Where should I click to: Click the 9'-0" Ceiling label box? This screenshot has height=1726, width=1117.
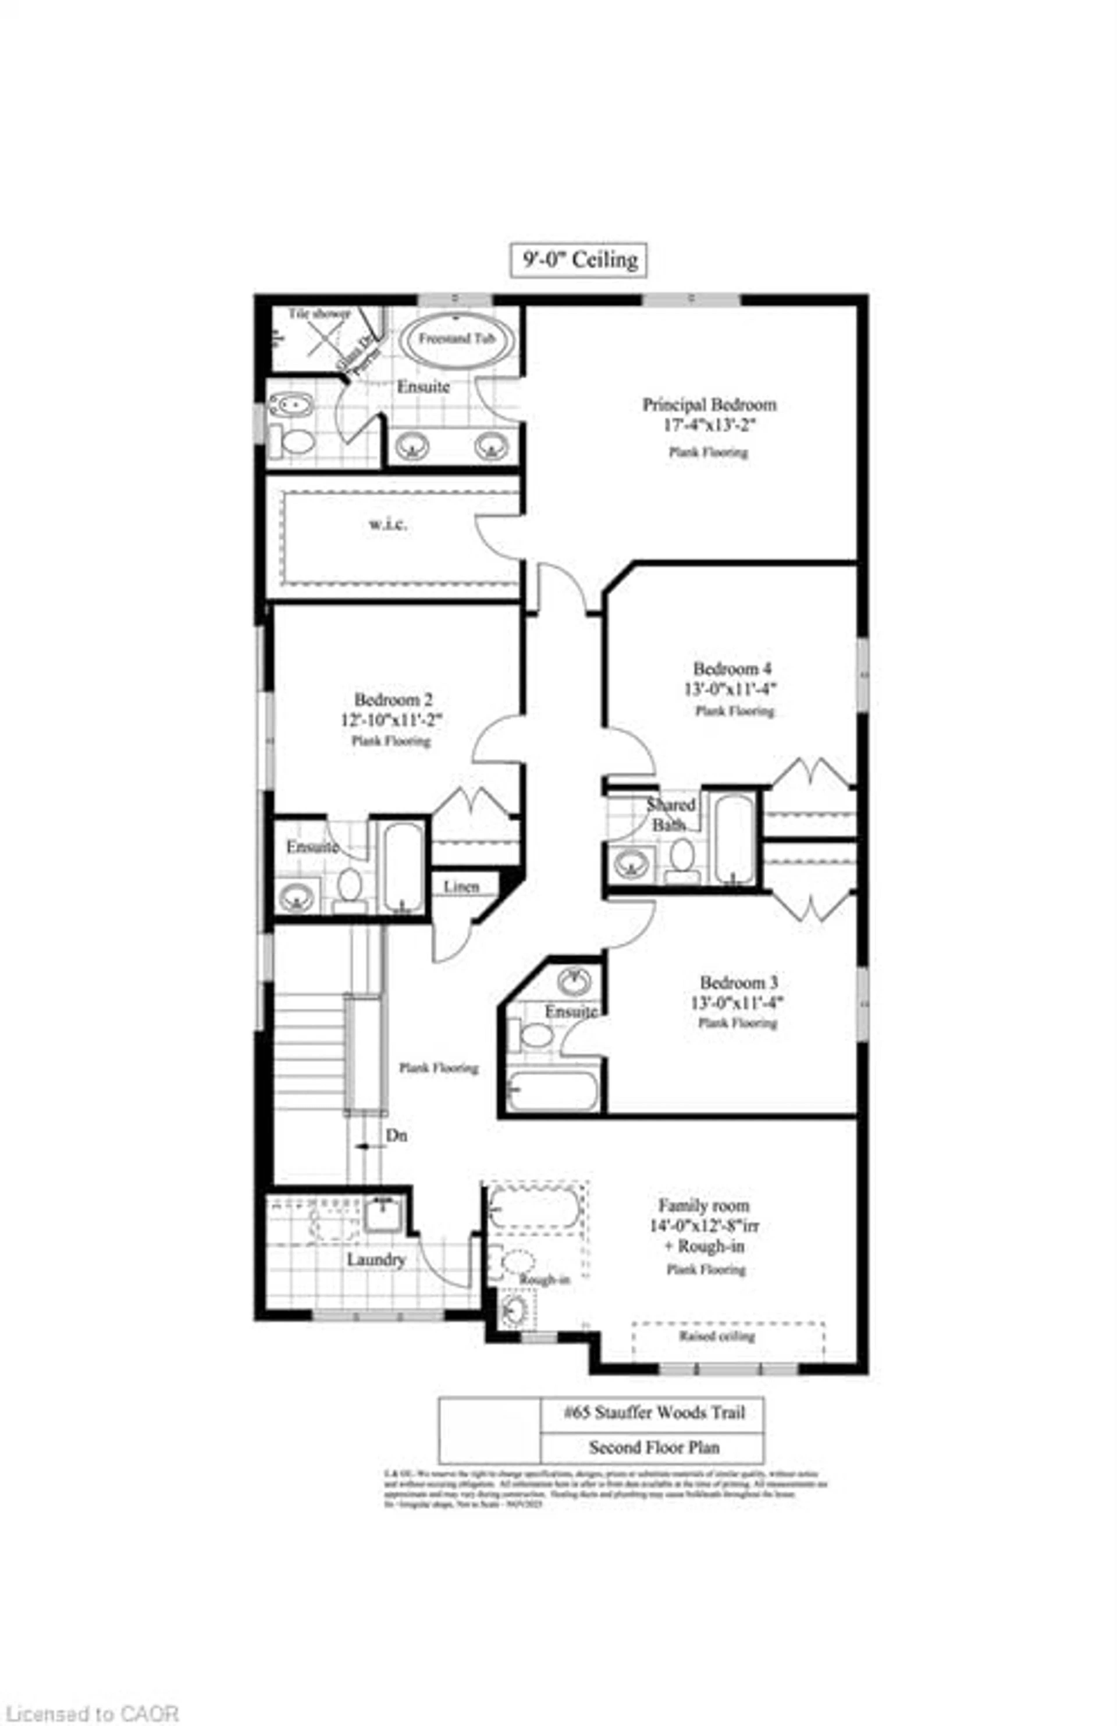(x=578, y=260)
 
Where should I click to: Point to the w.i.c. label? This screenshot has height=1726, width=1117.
(x=387, y=524)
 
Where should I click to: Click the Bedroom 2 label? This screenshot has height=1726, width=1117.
(x=393, y=700)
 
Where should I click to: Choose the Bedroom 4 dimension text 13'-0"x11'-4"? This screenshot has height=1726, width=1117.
(x=734, y=689)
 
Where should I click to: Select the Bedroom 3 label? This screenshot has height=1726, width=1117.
(x=738, y=983)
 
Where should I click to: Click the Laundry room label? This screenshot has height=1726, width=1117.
(x=375, y=1260)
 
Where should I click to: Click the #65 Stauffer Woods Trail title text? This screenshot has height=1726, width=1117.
(x=654, y=1413)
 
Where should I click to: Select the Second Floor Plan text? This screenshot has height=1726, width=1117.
(x=654, y=1448)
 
